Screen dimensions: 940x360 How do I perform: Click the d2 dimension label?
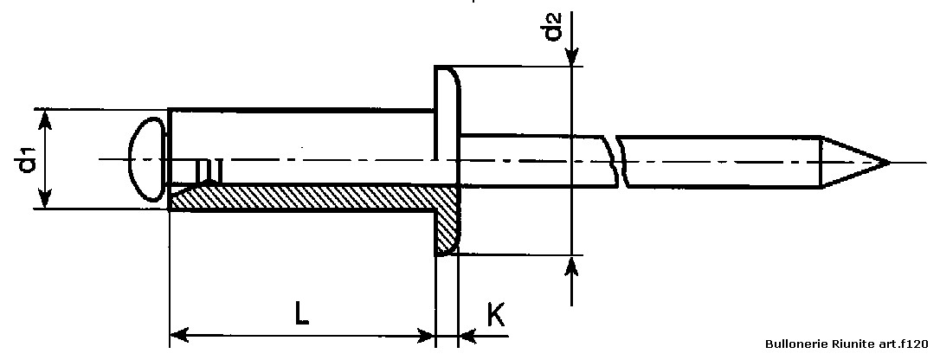click(553, 26)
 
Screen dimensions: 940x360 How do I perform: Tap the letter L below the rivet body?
click(302, 313)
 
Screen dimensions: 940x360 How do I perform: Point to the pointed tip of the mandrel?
click(888, 163)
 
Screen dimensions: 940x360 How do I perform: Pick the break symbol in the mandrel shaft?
click(617, 161)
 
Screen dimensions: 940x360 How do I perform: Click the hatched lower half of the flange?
click(447, 222)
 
